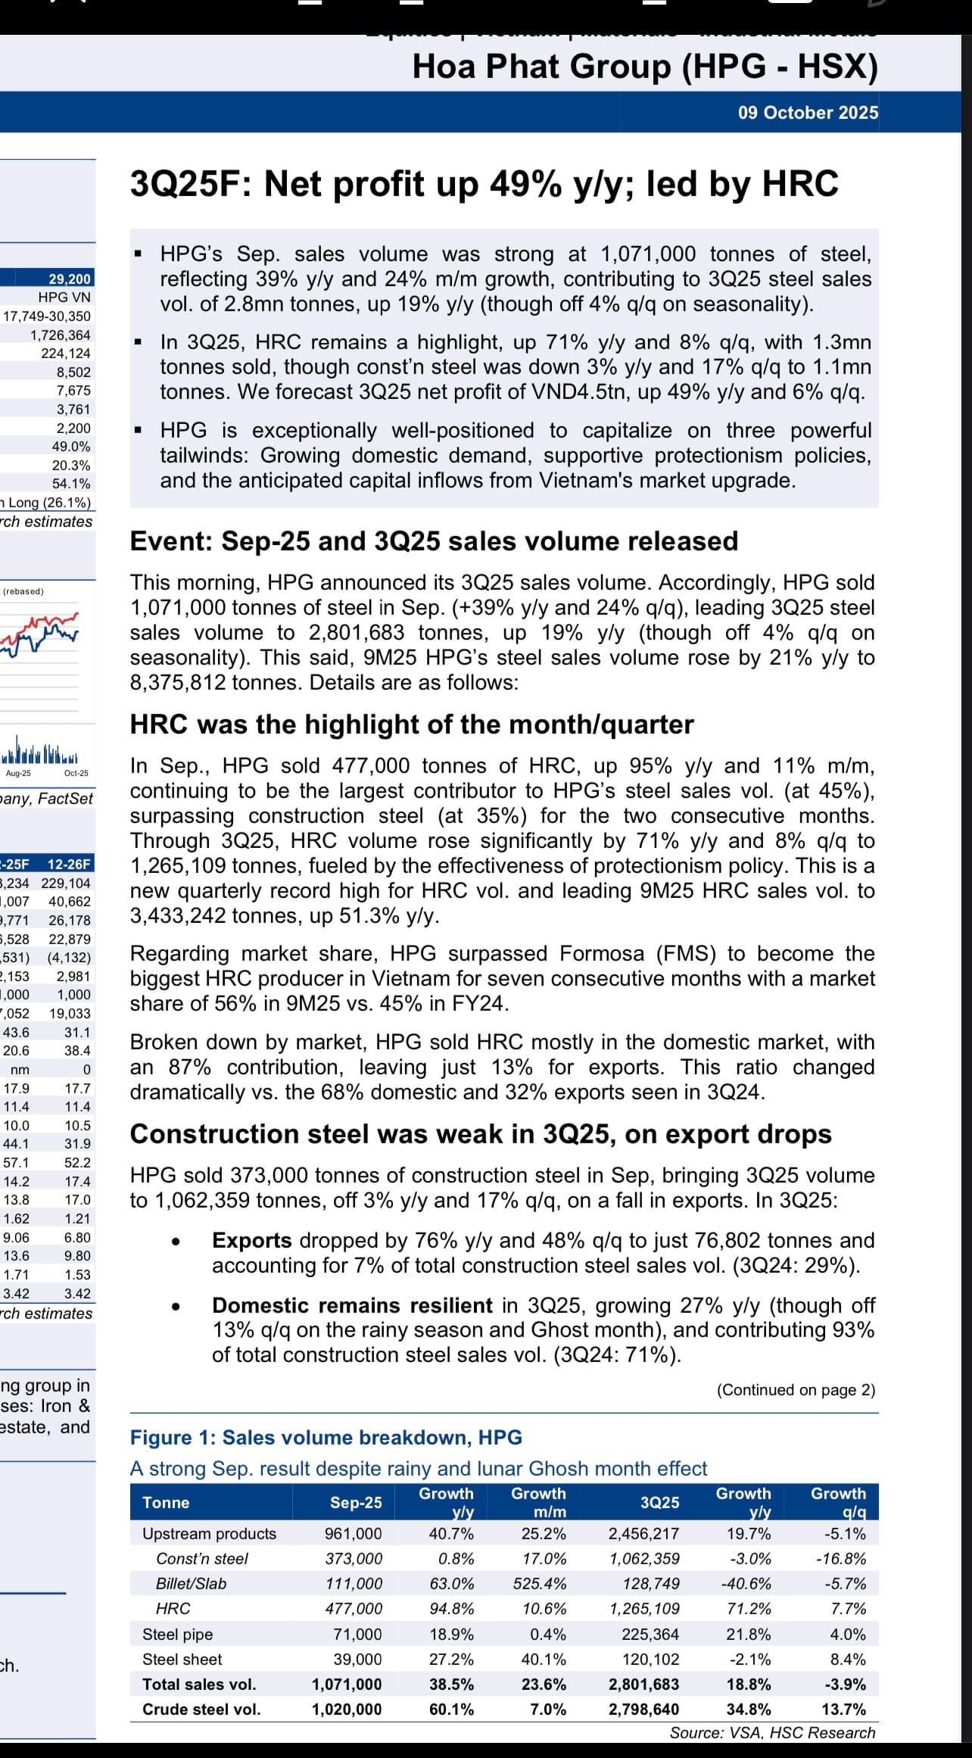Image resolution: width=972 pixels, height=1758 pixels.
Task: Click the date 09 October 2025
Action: coord(808,113)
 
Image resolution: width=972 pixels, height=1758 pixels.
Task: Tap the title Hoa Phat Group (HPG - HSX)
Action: coord(645,67)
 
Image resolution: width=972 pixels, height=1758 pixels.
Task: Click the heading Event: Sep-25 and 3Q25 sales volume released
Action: coord(434,541)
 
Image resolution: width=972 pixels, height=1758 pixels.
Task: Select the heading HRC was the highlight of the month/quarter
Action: coord(412,725)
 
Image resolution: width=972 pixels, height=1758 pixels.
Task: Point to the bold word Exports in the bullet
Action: coord(252,1240)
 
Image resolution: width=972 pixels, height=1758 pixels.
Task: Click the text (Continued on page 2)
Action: coord(796,1390)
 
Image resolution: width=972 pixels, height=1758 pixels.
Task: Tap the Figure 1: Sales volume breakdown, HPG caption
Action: coord(326,1438)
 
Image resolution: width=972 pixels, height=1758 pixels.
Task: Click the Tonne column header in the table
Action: coord(166,1503)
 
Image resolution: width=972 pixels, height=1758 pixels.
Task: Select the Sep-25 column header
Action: coord(356,1503)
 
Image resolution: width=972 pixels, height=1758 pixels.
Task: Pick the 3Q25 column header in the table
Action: coord(659,1503)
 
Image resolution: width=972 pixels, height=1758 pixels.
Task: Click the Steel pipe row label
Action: coord(178,1635)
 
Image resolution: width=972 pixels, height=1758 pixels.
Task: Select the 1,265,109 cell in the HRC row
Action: coord(644,1609)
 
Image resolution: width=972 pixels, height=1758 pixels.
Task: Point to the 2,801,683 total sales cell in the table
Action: coord(643,1685)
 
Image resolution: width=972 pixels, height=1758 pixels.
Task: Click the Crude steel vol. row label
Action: coord(201,1710)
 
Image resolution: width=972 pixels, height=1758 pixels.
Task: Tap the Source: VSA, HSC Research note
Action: coord(772,1733)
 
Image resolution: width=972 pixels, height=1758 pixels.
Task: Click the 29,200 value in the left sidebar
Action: coord(70,279)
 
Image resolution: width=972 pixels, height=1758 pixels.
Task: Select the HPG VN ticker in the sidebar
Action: coord(64,298)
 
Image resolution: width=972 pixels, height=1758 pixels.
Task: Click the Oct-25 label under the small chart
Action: coord(76,773)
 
